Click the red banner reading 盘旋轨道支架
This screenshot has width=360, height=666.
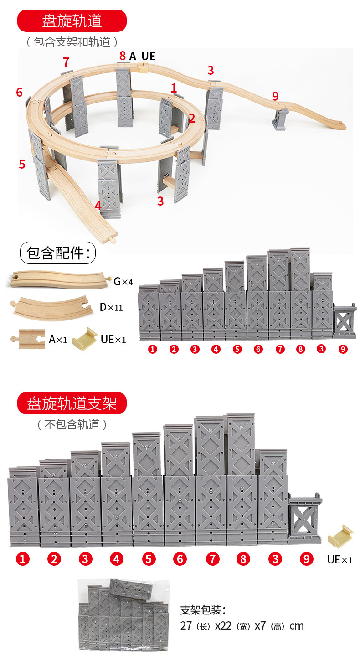point(72,403)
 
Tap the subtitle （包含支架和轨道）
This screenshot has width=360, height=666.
point(72,42)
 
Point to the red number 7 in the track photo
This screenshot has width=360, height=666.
point(66,62)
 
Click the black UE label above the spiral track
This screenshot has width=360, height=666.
point(149,56)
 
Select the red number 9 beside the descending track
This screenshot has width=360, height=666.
point(275,96)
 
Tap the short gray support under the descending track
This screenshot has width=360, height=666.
point(280,119)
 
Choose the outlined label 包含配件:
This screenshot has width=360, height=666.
point(58,253)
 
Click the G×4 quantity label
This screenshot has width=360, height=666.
point(123,281)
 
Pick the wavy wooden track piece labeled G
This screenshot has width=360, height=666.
point(58,280)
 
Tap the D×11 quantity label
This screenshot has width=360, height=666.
point(111,307)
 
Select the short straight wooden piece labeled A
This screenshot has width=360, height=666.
point(28,339)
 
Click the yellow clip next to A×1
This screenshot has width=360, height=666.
point(85,339)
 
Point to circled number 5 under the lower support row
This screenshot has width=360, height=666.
point(149,559)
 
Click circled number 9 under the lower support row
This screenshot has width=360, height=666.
point(307,559)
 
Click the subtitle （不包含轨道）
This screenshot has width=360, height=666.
point(72,424)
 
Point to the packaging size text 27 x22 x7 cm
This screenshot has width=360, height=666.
point(242,626)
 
